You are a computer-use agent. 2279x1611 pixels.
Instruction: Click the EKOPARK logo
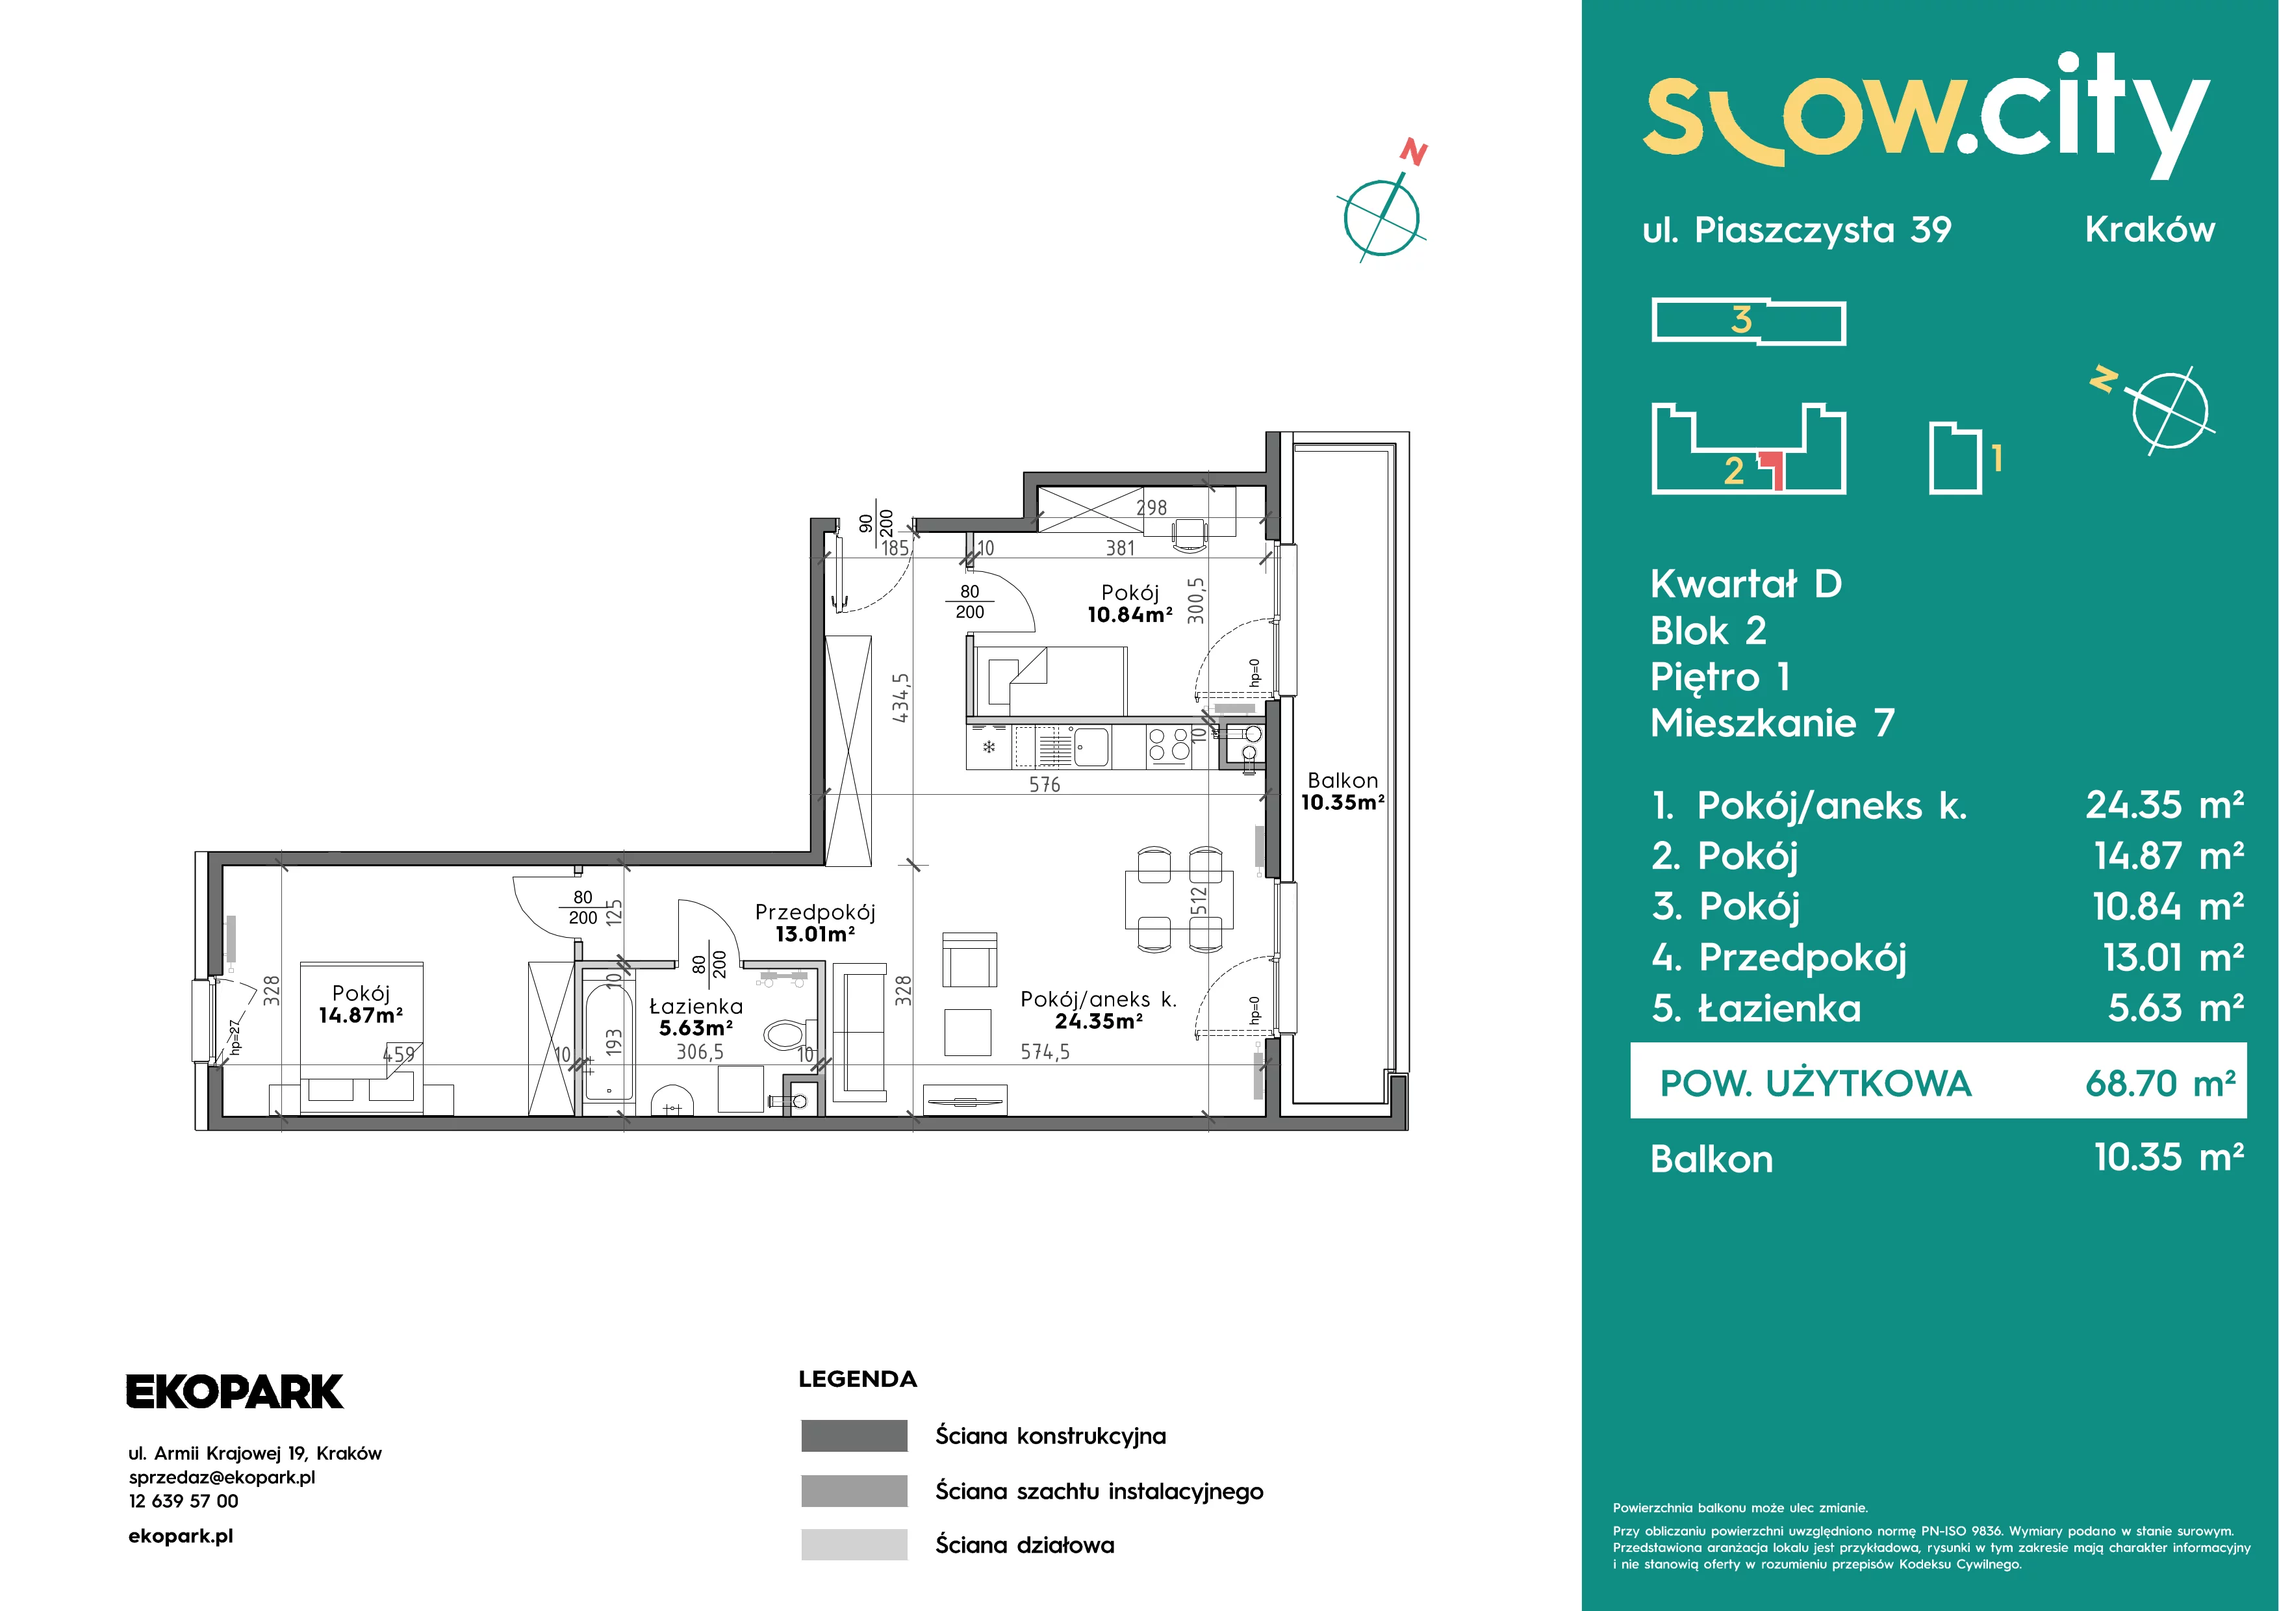point(235,1391)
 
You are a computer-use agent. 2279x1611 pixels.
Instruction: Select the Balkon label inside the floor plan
point(1343,791)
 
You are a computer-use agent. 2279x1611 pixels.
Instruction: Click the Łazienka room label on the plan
point(695,1016)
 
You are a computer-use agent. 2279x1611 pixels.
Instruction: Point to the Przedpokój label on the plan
point(815,922)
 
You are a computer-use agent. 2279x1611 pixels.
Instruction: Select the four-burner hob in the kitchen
point(1168,745)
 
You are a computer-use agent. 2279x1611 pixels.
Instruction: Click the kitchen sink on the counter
point(1092,745)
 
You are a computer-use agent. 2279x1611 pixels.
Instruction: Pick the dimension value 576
point(1044,784)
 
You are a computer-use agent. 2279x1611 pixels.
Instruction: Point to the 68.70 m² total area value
point(2160,1083)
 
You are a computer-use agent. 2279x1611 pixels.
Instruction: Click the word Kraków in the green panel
point(2150,229)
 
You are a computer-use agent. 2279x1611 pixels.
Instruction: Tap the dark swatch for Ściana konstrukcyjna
point(854,1436)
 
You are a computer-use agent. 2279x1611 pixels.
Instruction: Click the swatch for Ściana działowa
point(854,1545)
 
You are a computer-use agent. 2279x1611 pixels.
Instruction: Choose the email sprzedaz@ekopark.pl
point(222,1477)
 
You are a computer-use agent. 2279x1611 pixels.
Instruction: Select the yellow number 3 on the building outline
point(1742,320)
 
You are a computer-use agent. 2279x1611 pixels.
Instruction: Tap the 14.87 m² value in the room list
point(2169,855)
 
